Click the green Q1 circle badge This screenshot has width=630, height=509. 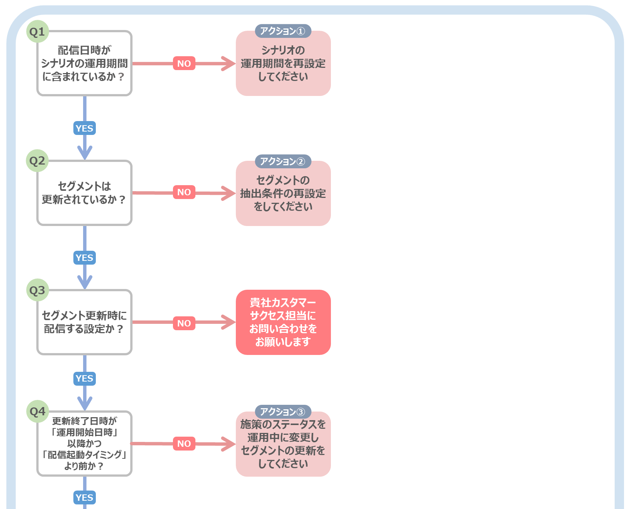click(x=37, y=31)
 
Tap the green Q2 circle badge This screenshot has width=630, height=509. click(x=37, y=161)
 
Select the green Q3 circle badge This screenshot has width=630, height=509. click(x=37, y=290)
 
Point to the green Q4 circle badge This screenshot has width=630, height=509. click(x=37, y=412)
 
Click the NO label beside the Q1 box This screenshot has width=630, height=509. click(x=184, y=63)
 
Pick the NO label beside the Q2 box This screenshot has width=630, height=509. click(x=184, y=192)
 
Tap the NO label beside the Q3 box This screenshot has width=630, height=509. click(x=184, y=323)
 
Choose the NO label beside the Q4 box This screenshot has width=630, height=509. click(x=184, y=444)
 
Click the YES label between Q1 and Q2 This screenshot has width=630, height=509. click(x=85, y=128)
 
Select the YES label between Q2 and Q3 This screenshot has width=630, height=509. click(x=85, y=258)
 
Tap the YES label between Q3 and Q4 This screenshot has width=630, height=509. click(x=85, y=379)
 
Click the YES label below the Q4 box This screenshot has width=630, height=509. click(x=85, y=498)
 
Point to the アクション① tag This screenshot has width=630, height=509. click(x=283, y=31)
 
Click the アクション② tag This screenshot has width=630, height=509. click(x=283, y=162)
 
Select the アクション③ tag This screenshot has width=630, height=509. click(x=283, y=412)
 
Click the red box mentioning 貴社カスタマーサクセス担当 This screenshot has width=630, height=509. click(x=283, y=322)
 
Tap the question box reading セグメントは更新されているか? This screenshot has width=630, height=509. click(x=85, y=193)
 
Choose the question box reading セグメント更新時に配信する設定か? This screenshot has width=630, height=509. click(x=85, y=322)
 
